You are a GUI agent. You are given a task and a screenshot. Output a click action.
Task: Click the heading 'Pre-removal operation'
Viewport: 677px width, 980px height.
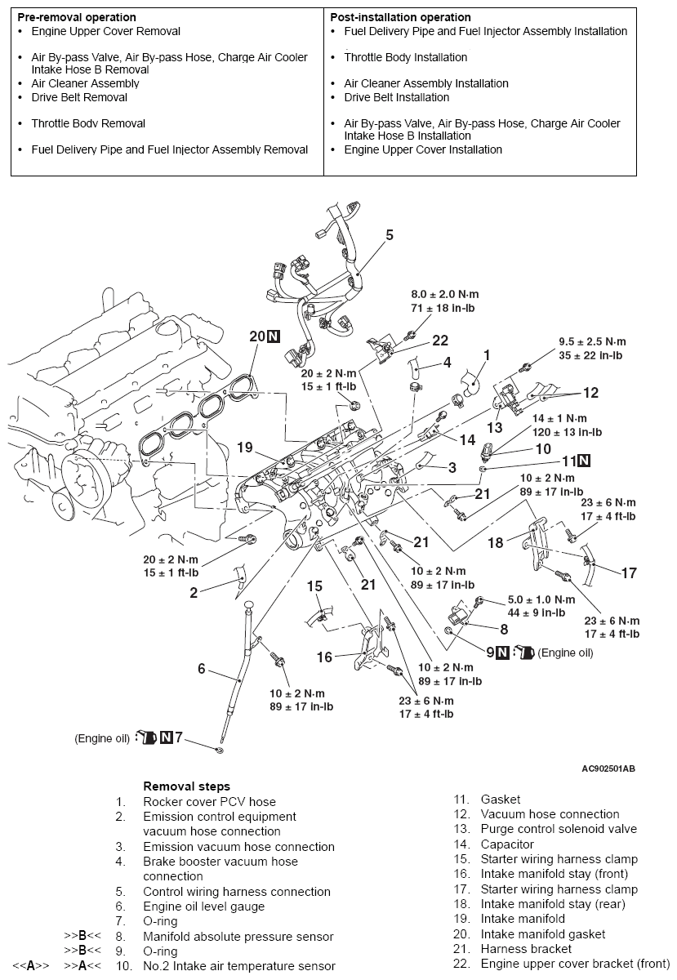click(x=77, y=17)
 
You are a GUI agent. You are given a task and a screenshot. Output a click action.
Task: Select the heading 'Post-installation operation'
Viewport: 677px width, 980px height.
click(x=400, y=17)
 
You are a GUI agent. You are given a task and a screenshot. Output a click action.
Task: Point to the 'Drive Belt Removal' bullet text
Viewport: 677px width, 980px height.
click(x=79, y=97)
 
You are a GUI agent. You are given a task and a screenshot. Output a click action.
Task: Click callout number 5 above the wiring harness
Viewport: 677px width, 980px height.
click(x=390, y=235)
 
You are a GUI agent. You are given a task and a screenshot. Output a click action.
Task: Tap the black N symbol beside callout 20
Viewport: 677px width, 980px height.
click(x=274, y=336)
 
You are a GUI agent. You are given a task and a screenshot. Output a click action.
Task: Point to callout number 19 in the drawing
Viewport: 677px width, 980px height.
click(x=247, y=448)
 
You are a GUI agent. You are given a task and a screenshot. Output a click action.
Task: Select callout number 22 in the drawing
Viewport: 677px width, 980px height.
click(x=440, y=341)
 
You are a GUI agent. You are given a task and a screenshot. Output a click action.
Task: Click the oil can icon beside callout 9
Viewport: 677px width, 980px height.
click(x=525, y=653)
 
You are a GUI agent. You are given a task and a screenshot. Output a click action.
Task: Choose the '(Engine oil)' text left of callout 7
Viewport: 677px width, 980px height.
click(x=102, y=738)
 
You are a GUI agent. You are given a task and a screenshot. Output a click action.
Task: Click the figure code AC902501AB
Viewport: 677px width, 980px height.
click(x=608, y=768)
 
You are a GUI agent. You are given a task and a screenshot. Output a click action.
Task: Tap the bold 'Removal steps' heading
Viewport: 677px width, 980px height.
click(x=186, y=786)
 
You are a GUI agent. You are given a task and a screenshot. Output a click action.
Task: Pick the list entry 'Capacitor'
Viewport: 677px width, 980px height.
click(x=507, y=844)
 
